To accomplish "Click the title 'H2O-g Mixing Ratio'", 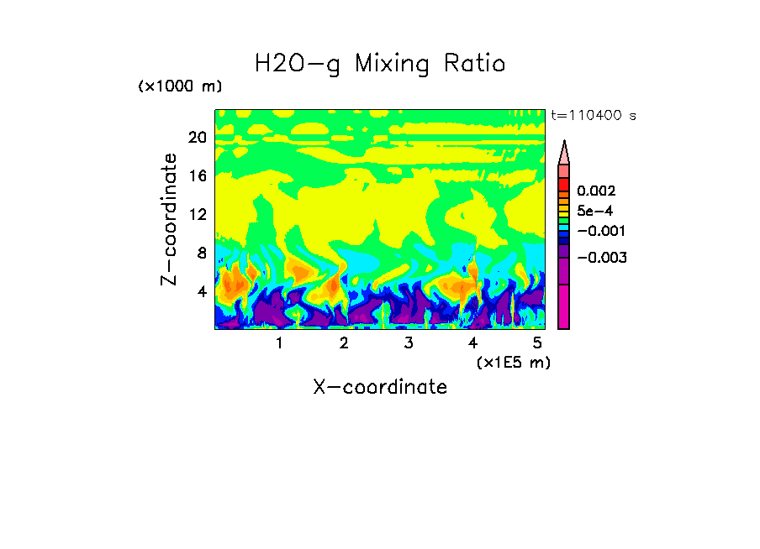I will coord(380,65).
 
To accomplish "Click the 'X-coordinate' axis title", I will coord(380,387).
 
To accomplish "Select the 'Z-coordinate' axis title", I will coord(170,219).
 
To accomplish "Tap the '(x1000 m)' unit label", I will coord(179,87).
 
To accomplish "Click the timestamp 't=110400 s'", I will coord(593,115).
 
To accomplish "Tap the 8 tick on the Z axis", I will coord(201,254).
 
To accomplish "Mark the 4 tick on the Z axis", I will coord(201,292).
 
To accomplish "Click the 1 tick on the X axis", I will coord(279,343).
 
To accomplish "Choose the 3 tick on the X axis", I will coord(409,343).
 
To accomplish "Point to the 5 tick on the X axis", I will coord(538,343).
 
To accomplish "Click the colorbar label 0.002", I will coord(597,191).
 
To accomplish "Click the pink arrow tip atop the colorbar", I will coord(564,152).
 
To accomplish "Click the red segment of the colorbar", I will coord(564,184).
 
